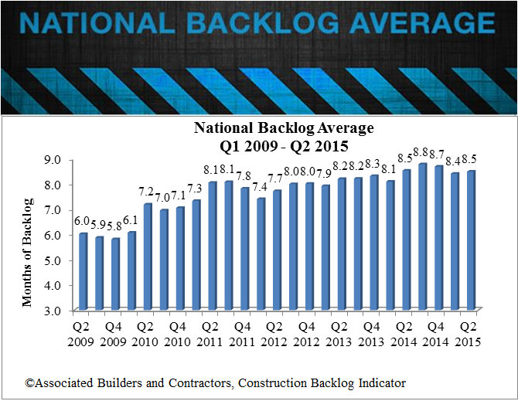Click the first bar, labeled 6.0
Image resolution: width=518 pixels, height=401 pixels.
(83, 271)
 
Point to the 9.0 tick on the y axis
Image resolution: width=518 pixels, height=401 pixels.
(60, 160)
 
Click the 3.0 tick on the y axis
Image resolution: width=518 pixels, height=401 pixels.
(60, 310)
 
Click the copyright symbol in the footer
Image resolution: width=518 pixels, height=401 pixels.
(28, 382)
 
